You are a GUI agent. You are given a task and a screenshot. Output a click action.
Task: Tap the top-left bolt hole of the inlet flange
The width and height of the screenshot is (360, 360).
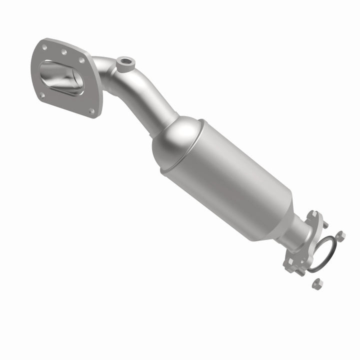(x=45, y=47)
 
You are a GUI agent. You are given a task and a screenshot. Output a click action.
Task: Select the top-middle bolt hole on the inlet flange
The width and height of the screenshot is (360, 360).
(x=64, y=51)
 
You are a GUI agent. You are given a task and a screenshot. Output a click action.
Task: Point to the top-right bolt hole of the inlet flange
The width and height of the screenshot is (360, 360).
(x=81, y=60)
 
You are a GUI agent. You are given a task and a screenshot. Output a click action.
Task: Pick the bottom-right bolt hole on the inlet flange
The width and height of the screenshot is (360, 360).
(x=91, y=111)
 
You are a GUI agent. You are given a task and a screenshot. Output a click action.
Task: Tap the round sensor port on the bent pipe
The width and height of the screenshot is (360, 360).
(x=125, y=63)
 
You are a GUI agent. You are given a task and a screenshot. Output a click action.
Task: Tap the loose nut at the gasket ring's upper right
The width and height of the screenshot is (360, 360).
(x=340, y=236)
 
